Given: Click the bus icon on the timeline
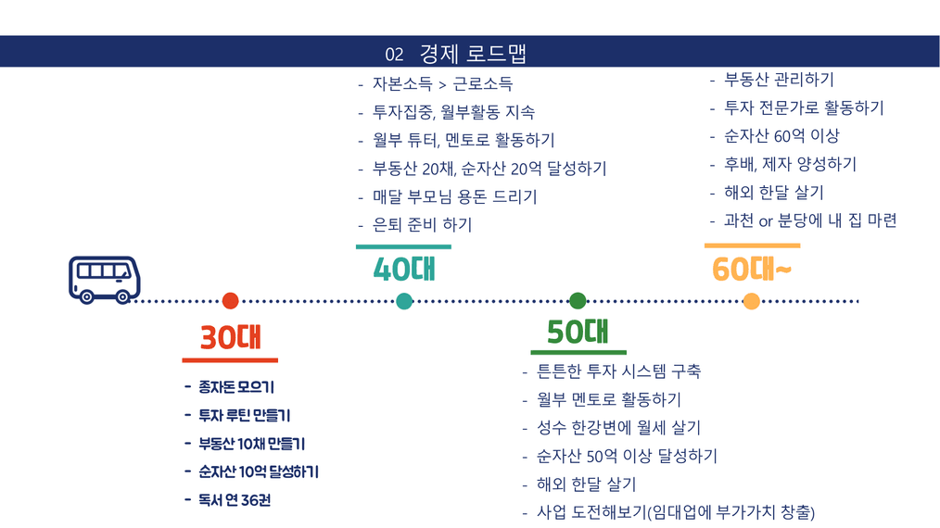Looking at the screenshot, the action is click(x=105, y=280).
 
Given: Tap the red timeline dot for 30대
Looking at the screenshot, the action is click(x=230, y=301).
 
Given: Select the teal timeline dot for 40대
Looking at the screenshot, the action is click(x=404, y=301).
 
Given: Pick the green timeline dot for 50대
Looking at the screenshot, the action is click(x=578, y=301).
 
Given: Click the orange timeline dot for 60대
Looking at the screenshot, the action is click(x=751, y=301).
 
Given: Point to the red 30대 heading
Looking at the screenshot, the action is click(x=231, y=337).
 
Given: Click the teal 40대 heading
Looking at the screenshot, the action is click(x=405, y=269).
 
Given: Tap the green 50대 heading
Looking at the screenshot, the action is click(x=578, y=332).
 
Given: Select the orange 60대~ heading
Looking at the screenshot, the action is click(x=752, y=269).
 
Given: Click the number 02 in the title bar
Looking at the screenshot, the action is click(x=394, y=55).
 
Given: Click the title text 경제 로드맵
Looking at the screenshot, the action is click(x=473, y=54).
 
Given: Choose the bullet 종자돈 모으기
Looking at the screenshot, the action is click(x=236, y=387).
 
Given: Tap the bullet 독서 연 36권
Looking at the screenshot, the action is click(x=235, y=500).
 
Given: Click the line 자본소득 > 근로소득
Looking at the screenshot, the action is click(x=442, y=84).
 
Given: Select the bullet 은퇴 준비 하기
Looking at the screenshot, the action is click(x=422, y=225).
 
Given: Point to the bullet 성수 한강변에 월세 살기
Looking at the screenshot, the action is click(x=618, y=427).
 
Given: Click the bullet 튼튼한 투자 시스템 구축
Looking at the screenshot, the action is click(x=618, y=371).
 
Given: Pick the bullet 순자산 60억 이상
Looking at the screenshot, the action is click(x=781, y=136).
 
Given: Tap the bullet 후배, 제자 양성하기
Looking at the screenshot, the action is click(x=790, y=164).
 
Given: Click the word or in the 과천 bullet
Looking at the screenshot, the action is click(x=766, y=221).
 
